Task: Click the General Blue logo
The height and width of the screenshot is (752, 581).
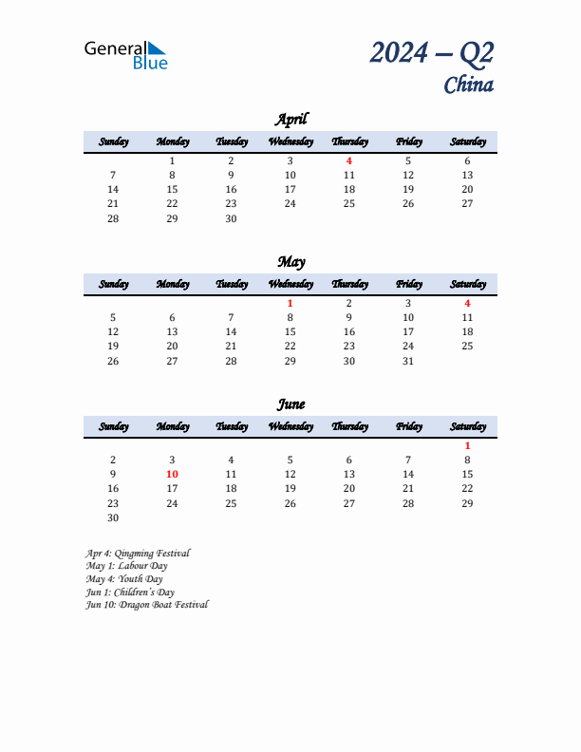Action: tap(125, 54)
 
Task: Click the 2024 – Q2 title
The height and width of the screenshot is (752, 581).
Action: tap(432, 53)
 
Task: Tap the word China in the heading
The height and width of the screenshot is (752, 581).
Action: tap(468, 85)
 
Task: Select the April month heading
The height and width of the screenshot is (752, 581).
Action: tap(290, 119)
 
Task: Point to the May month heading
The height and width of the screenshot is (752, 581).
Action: tap(290, 261)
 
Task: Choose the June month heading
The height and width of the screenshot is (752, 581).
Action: tap(290, 404)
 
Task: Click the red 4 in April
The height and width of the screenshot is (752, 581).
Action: tap(349, 160)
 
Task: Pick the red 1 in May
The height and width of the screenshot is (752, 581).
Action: tap(290, 303)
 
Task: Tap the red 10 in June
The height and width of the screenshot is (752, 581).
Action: tap(172, 474)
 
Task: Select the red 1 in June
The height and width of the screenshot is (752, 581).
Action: tap(467, 445)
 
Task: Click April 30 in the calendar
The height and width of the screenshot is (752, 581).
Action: tap(231, 217)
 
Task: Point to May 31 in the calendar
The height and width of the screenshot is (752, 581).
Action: tap(408, 360)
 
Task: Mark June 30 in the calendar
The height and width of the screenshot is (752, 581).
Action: tap(113, 517)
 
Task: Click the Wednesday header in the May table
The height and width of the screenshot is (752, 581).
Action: tap(290, 284)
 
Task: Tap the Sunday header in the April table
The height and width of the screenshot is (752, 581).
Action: tap(113, 141)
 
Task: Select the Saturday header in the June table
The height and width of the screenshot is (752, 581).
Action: tap(467, 426)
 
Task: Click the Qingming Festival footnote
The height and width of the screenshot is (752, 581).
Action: tap(138, 553)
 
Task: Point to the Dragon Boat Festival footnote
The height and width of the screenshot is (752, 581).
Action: tap(146, 605)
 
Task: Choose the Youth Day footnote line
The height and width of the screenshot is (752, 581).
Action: tap(123, 578)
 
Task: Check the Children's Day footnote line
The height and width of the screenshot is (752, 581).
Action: tap(129, 592)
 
